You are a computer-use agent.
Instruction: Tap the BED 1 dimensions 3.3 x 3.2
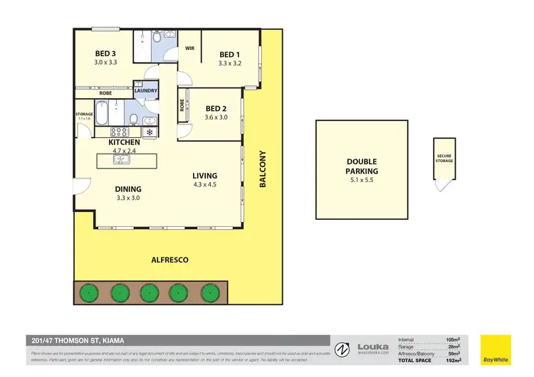[229, 63]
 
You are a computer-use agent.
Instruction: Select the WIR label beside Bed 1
[190, 48]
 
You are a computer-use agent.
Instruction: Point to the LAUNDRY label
[145, 91]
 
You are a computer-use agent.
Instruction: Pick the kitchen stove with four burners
[118, 132]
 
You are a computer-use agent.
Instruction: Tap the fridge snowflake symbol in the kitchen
[150, 132]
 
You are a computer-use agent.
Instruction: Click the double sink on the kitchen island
[120, 159]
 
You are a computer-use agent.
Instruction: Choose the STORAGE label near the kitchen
[84, 114]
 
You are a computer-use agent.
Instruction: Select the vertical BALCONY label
[262, 169]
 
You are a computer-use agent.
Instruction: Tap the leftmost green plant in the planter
[88, 292]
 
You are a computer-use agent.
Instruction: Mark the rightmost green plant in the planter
[209, 292]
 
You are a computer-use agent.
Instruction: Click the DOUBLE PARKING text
[362, 166]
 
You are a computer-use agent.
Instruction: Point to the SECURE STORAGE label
[444, 159]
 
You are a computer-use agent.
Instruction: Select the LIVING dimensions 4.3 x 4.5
[204, 186]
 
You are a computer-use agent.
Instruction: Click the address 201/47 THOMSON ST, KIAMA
[70, 339]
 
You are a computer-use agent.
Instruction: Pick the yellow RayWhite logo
[496, 349]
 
